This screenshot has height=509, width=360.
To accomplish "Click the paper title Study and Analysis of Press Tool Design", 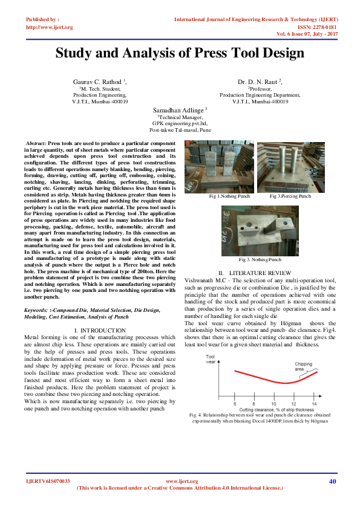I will pos(180,53).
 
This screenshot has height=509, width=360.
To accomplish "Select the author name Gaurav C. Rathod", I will pos(98,81).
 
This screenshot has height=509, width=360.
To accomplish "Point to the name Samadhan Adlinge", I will pos(178,109).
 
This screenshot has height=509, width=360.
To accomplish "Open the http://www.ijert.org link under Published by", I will pos(50,27).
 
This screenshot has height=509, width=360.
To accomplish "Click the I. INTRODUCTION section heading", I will pos(99,329).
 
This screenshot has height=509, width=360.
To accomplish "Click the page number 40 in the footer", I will pos(332,481).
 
